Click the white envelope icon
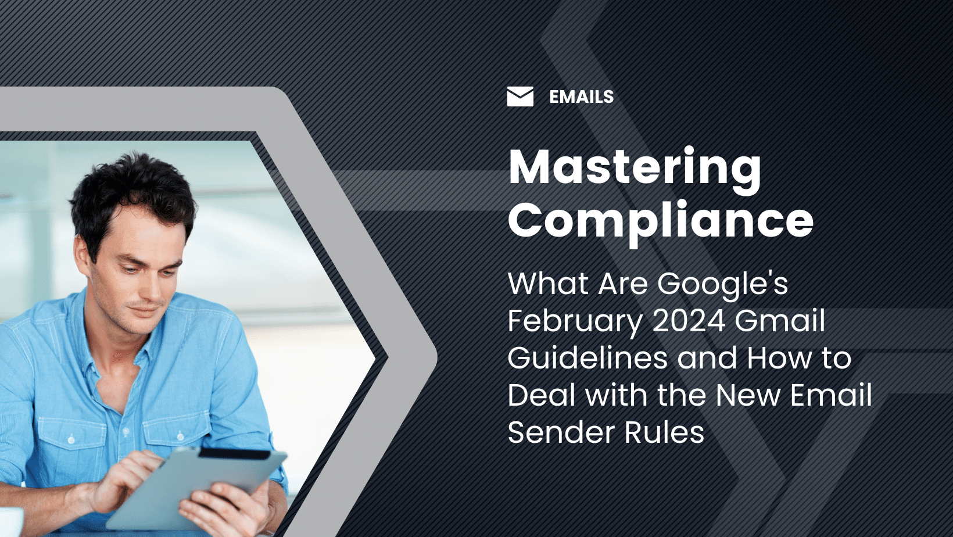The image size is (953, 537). (x=520, y=96)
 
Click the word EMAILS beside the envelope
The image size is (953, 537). (x=581, y=96)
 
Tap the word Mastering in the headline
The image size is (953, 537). (x=635, y=167)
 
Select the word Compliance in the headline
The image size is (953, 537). (x=660, y=220)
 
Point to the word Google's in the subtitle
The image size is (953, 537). (x=722, y=284)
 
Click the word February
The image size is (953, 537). (x=575, y=321)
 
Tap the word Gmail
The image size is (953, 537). (x=780, y=321)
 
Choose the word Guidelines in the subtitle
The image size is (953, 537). (x=587, y=358)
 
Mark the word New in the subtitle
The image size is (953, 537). (x=747, y=395)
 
